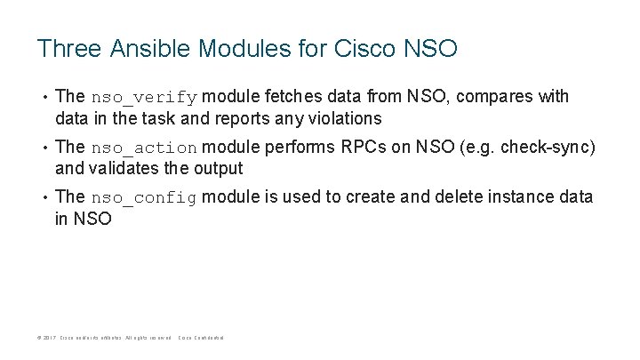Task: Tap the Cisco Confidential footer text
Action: tap(201, 338)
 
